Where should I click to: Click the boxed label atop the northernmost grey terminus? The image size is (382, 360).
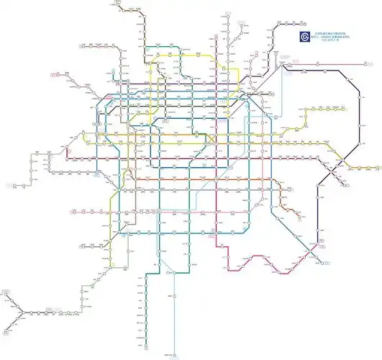[x=229, y=14]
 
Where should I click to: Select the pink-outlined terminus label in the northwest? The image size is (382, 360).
[x=53, y=73]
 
